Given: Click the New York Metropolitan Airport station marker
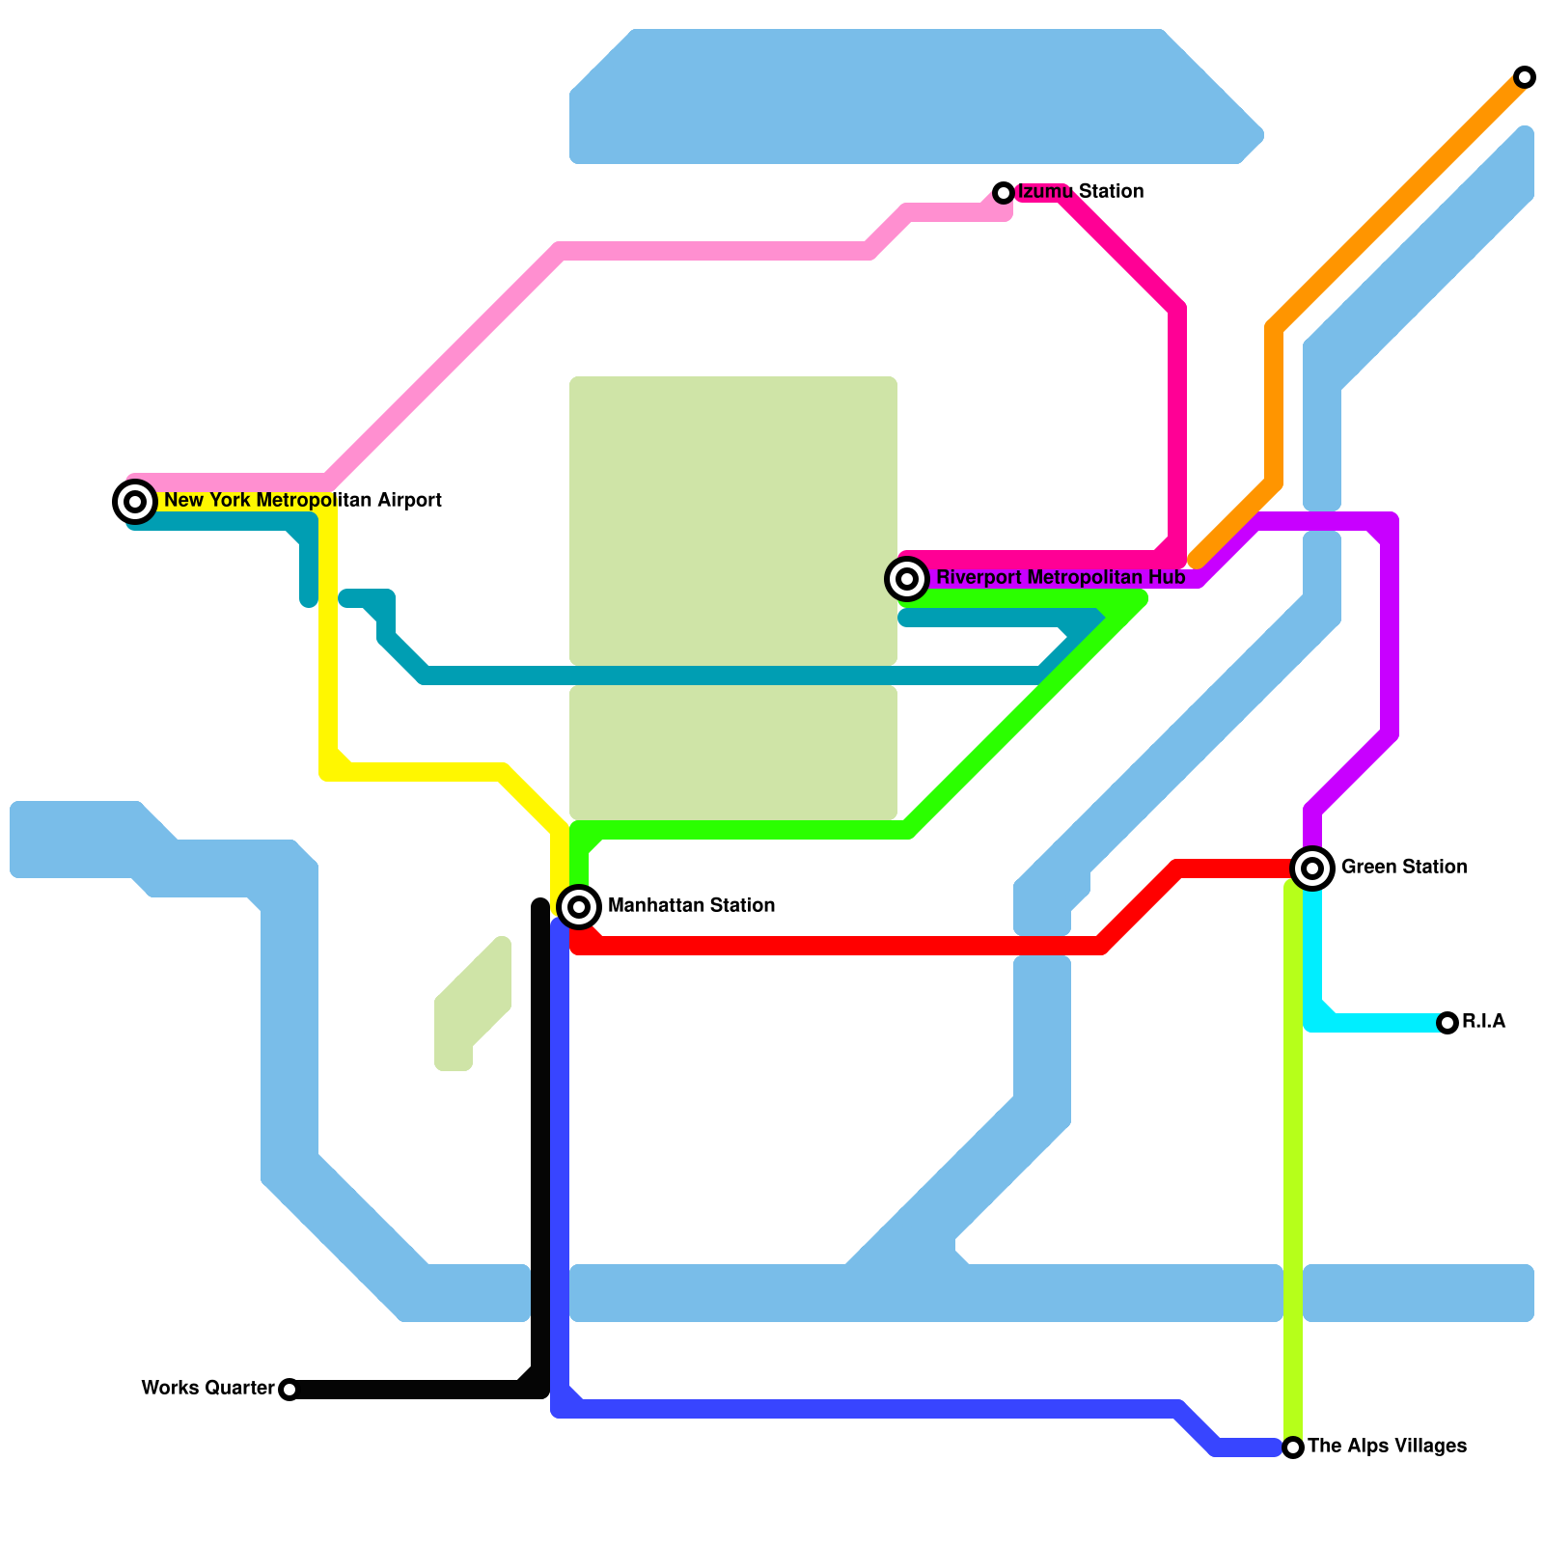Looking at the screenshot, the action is tap(135, 502).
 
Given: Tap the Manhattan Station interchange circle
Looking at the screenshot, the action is tap(579, 906).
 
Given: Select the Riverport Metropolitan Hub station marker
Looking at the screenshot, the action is tap(907, 579).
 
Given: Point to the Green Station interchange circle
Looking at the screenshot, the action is tap(1312, 868).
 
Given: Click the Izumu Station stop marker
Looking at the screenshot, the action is tap(1004, 193).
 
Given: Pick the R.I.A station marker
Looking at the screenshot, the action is tap(1447, 1023).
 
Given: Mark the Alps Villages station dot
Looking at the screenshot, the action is tap(1293, 1447).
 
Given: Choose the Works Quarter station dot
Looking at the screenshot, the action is tap(289, 1390).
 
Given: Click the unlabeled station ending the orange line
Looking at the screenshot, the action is tap(1524, 77).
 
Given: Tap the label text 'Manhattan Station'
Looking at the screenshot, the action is tap(691, 906).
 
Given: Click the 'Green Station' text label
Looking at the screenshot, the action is tap(1403, 868).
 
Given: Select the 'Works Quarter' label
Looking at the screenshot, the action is tap(207, 1389).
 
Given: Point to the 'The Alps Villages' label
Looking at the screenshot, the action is tap(1387, 1447).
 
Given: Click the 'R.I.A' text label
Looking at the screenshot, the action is tap(1483, 1022).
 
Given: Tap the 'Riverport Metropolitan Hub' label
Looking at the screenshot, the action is tap(1060, 578).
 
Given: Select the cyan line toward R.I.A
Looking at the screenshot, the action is tap(1380, 1023).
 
